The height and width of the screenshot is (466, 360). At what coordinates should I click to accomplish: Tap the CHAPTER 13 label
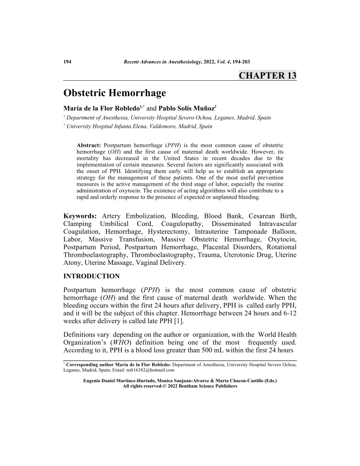[x=267, y=75]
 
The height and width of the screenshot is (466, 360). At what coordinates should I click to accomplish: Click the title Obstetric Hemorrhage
[x=115, y=93]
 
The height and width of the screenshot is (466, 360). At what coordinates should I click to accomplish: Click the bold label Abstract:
[x=89, y=145]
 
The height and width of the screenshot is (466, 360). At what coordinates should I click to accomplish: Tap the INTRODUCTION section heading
[x=91, y=276]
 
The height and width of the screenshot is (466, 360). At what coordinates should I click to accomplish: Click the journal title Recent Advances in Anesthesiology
[x=162, y=62]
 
